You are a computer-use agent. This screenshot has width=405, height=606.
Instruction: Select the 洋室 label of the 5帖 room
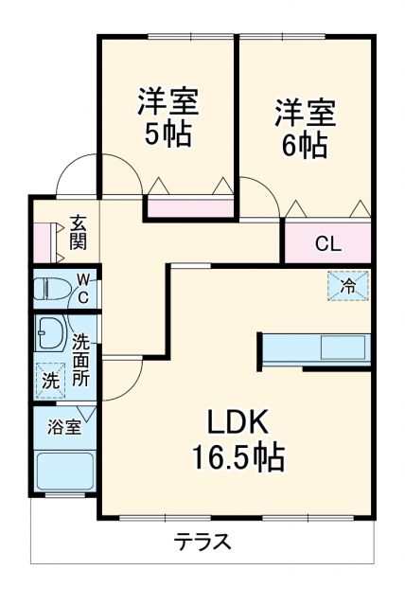[167, 100]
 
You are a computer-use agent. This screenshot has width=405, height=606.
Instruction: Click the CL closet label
[327, 243]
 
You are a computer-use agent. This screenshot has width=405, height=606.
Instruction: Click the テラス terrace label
[202, 543]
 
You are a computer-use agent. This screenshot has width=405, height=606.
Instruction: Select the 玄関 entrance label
[78, 232]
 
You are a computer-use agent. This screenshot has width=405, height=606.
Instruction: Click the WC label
[83, 288]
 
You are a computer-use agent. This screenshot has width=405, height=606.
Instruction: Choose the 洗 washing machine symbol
[49, 381]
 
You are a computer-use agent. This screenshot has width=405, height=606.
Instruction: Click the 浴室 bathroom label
[64, 427]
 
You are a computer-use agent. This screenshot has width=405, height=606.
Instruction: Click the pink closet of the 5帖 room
[189, 208]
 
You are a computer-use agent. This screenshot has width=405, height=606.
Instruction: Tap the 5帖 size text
[167, 134]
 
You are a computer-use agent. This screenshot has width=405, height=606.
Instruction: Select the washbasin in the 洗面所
[48, 332]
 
